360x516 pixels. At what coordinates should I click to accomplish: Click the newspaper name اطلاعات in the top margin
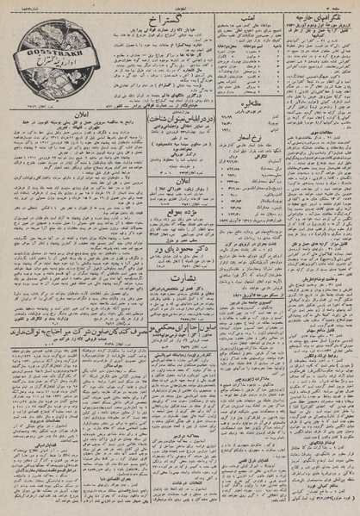point(179,3)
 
